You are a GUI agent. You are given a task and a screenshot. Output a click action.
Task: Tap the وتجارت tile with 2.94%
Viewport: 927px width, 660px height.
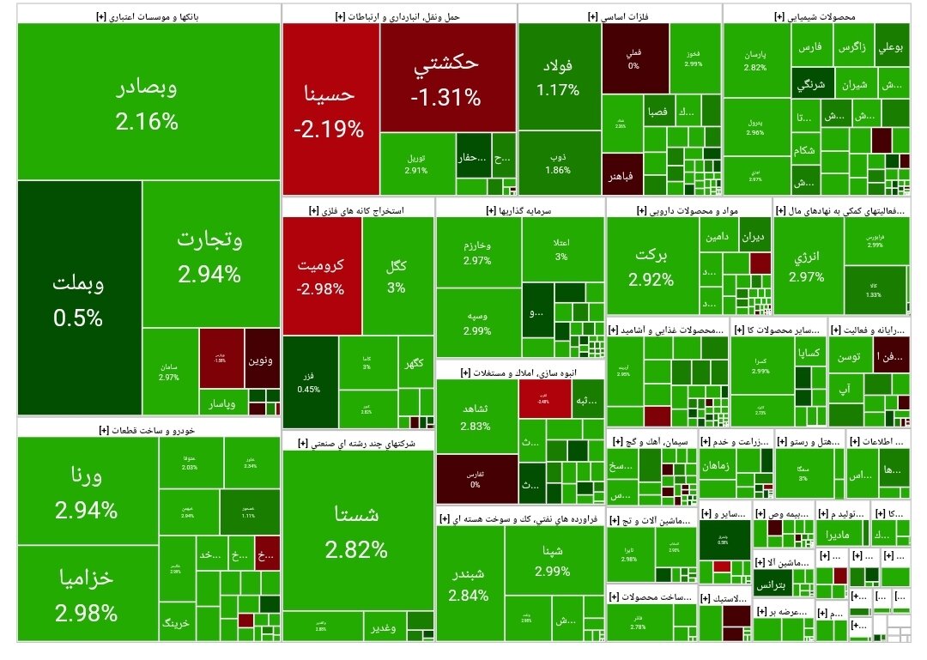210,255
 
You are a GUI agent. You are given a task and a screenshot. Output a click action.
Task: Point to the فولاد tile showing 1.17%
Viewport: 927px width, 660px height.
558,77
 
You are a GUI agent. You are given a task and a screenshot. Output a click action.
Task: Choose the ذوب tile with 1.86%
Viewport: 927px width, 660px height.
558,163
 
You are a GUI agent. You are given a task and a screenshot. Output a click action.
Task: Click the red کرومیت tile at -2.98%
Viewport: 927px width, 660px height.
321,276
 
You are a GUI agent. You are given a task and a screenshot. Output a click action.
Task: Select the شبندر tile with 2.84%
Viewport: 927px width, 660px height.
469,584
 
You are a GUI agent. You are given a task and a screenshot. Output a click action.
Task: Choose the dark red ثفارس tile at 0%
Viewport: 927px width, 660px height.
476,479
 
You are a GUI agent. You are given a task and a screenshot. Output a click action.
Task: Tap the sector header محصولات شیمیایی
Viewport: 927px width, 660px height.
815,15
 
